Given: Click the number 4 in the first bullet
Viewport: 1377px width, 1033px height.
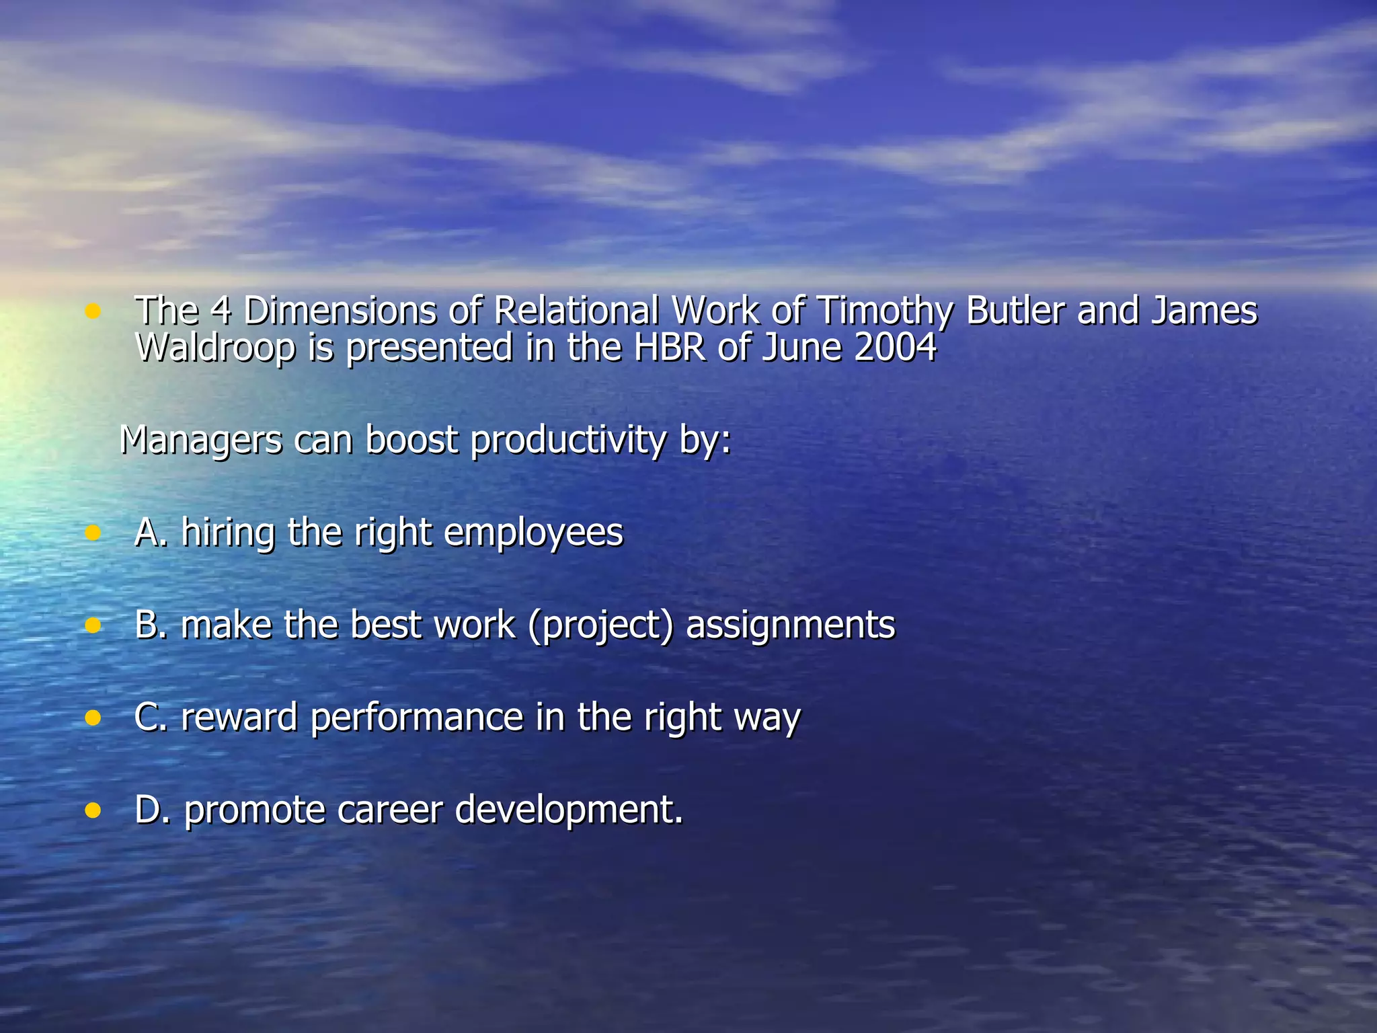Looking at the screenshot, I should (x=220, y=311).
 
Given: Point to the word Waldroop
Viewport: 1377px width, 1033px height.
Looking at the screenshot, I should (x=215, y=348).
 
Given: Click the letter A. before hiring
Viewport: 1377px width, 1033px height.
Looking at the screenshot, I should (x=151, y=533).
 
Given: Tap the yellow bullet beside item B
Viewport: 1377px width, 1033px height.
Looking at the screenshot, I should (x=93, y=625).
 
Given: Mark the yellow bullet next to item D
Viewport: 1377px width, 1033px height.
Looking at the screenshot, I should (x=93, y=810).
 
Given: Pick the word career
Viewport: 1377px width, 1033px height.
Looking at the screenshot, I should (x=389, y=810).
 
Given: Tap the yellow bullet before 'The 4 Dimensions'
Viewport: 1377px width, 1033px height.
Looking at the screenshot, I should (x=93, y=311).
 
